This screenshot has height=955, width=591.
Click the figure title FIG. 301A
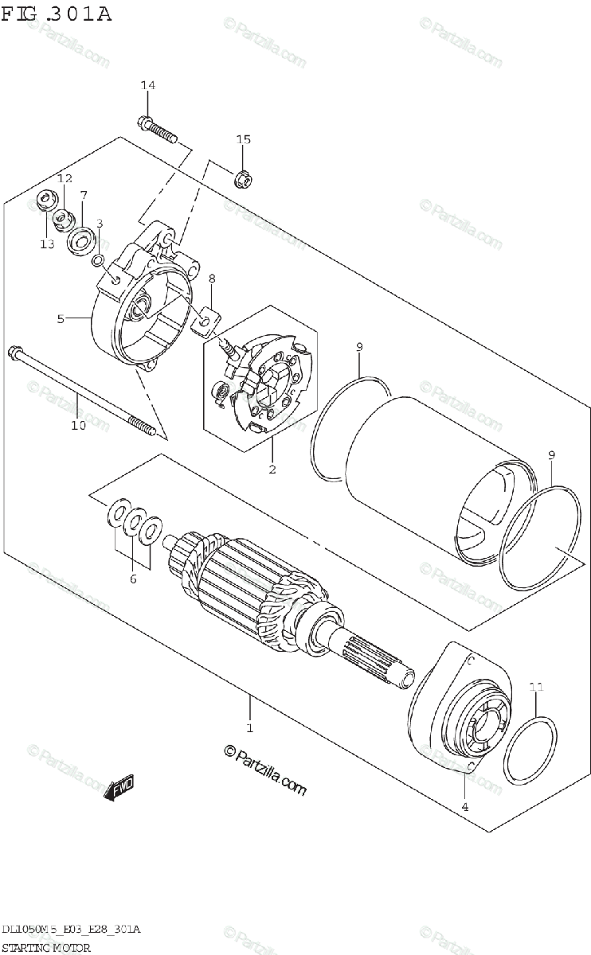(x=56, y=14)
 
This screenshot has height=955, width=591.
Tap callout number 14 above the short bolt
(x=148, y=86)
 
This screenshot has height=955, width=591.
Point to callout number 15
(x=243, y=140)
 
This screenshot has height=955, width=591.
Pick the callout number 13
(x=47, y=244)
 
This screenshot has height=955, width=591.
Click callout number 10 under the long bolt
(x=77, y=426)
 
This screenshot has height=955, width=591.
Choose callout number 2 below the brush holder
(x=272, y=470)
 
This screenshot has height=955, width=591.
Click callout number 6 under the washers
(x=133, y=579)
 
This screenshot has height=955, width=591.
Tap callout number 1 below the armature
(x=249, y=727)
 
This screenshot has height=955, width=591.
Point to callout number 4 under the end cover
(x=464, y=807)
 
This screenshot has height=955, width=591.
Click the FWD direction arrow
(x=120, y=789)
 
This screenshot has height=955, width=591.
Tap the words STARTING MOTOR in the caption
(x=46, y=947)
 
